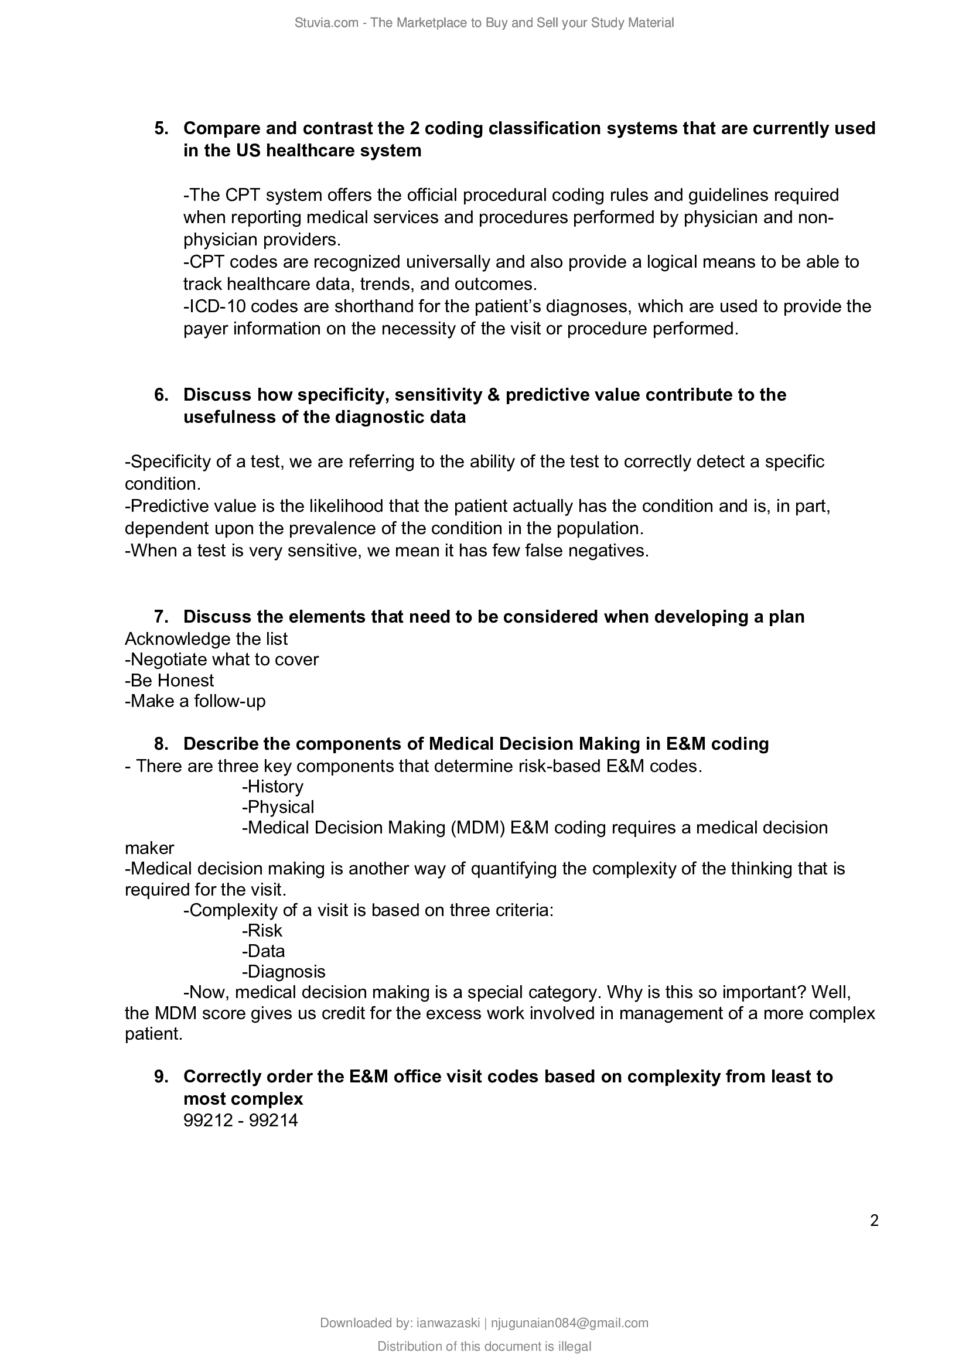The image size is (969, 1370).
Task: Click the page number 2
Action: tap(874, 1220)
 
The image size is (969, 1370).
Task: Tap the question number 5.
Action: tap(161, 128)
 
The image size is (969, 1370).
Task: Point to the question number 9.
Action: tap(161, 1076)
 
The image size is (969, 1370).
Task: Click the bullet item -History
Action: tap(272, 787)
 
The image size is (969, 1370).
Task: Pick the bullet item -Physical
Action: tap(278, 807)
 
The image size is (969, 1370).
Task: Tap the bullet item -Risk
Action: tap(262, 930)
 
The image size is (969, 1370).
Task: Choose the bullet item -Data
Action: tap(263, 951)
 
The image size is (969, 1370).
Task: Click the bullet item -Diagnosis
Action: tap(284, 971)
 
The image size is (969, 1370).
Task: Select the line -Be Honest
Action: tap(169, 680)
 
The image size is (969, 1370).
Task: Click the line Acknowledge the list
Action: tap(206, 639)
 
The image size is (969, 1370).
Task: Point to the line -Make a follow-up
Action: tap(195, 701)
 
